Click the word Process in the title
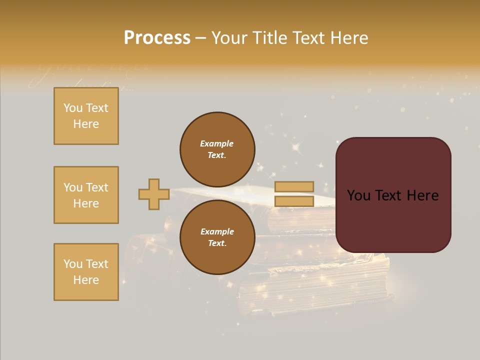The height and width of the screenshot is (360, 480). tap(157, 38)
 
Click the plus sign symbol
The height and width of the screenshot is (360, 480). tap(154, 194)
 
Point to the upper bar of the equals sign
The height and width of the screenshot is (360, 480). tap(294, 186)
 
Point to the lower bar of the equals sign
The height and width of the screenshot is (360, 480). tap(294, 201)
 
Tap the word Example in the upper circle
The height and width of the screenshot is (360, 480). tap(216, 143)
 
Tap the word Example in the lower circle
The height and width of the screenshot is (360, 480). tap(217, 231)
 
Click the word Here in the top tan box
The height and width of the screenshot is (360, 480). tap(86, 124)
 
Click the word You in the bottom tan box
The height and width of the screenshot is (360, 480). tap(73, 264)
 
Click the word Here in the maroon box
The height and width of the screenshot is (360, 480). tap(422, 195)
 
